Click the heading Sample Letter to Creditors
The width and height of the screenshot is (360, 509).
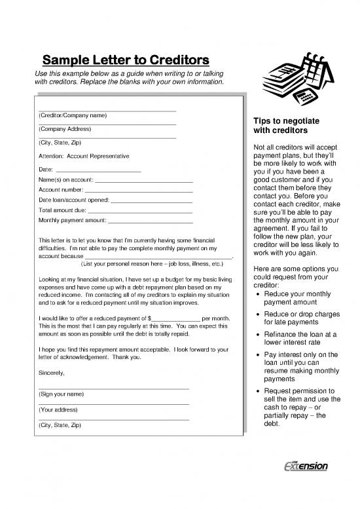click(x=126, y=61)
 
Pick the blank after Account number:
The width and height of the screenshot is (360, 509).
click(x=139, y=190)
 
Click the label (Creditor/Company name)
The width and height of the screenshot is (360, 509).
click(x=73, y=115)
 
